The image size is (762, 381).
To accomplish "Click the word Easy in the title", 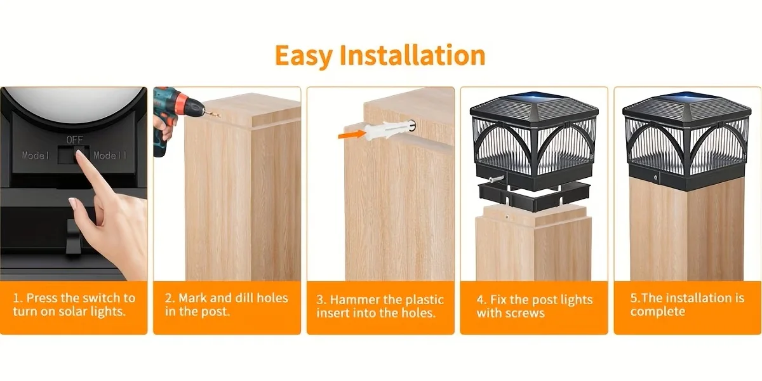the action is pyautogui.click(x=304, y=56).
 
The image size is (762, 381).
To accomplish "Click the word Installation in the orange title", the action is pyautogui.click(x=413, y=55).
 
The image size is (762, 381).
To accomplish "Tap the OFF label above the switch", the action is pyautogui.click(x=74, y=140).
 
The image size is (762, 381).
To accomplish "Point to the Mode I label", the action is pyautogui.click(x=36, y=156).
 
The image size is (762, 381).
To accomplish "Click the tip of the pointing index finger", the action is pyautogui.click(x=79, y=153).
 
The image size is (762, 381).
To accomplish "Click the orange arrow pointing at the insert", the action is pyautogui.click(x=351, y=135).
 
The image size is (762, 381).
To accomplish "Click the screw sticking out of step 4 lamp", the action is pyautogui.click(x=497, y=179).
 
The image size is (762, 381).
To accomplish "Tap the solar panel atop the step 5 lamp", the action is pyautogui.click(x=687, y=97).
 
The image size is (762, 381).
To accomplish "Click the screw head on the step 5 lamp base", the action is pyautogui.click(x=655, y=178).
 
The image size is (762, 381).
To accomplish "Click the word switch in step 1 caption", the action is pyautogui.click(x=102, y=298).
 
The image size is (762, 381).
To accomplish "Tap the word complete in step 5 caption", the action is pyautogui.click(x=658, y=312).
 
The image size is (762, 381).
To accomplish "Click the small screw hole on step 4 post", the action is pyautogui.click(x=507, y=217).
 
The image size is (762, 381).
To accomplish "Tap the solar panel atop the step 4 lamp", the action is pyautogui.click(x=534, y=97).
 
